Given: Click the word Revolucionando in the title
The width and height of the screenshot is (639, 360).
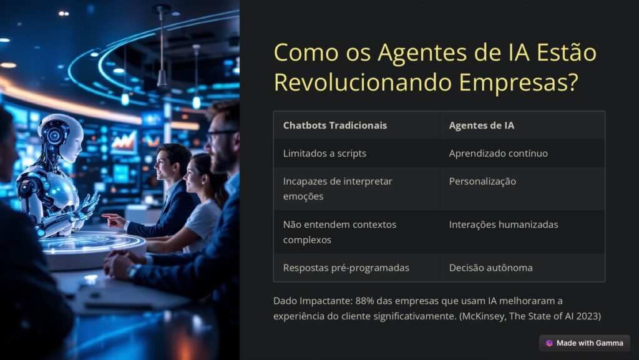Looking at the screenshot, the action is (x=363, y=82).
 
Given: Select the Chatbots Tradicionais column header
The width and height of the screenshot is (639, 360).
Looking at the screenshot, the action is (x=335, y=125).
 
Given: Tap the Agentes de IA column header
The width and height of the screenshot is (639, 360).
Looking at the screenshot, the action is (x=481, y=125).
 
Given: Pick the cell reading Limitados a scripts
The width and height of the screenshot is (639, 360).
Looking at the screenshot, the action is (x=324, y=153).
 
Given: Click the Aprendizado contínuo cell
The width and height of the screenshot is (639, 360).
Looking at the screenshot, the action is (x=499, y=153).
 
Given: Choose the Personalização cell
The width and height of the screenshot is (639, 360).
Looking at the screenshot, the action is (x=482, y=182).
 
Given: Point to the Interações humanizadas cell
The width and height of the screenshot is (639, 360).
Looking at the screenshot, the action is (x=504, y=225).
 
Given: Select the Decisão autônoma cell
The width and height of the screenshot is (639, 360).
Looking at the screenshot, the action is (x=490, y=268).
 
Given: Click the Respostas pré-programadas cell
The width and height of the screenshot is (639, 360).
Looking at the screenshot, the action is (x=346, y=268).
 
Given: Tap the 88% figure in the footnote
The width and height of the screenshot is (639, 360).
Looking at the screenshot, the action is (x=364, y=301).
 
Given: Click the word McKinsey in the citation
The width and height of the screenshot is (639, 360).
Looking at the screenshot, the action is (x=482, y=316).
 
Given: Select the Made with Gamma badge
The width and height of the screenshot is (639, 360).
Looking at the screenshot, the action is (x=584, y=343).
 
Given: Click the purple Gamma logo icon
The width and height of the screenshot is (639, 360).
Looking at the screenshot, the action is (x=549, y=343).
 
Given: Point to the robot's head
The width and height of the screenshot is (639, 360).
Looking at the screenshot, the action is (x=62, y=137).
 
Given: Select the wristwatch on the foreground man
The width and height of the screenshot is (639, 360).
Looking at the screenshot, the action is (x=133, y=271).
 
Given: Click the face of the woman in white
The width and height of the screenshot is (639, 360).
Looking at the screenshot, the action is (x=193, y=176).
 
